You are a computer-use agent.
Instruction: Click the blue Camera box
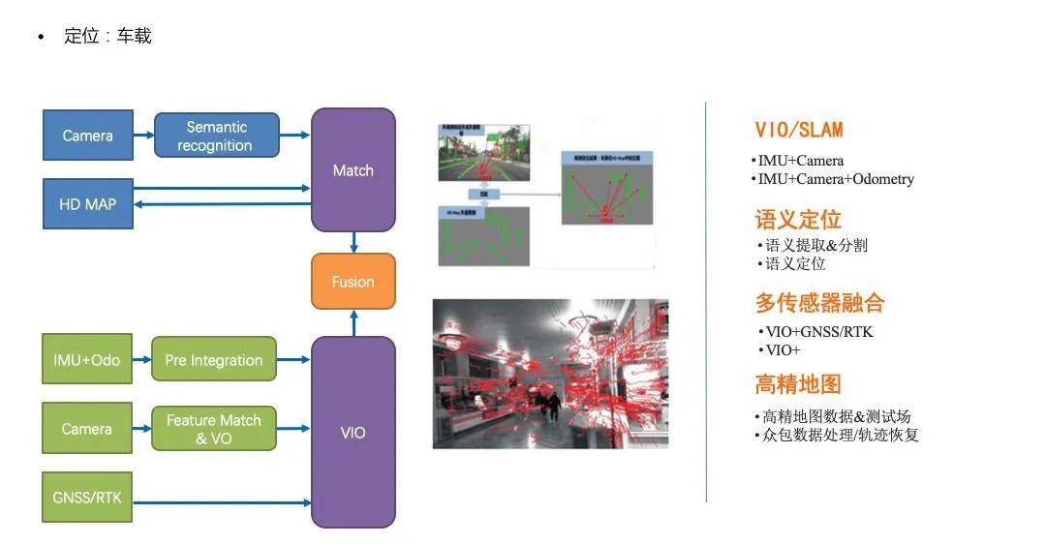pos(87,136)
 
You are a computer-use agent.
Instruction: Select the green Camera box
pos(87,429)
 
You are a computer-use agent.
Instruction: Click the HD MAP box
pos(87,204)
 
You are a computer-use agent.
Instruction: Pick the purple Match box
pos(353,170)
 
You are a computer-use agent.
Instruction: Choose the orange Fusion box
pos(353,282)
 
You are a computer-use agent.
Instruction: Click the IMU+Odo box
pos(87,360)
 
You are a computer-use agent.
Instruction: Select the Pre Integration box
pos(214,360)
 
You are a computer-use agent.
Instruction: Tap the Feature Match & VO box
pos(214,429)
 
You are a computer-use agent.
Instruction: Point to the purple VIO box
pos(353,432)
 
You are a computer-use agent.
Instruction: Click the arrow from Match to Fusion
pos(354,242)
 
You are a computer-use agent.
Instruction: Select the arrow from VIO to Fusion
pos(354,322)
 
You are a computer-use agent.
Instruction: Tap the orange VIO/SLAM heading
pos(799,130)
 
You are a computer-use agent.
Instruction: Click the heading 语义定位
pos(798,219)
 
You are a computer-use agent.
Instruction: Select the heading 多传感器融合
pos(819,303)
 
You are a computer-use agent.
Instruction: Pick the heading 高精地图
pos(798,384)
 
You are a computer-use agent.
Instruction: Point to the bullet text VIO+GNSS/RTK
pos(819,332)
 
